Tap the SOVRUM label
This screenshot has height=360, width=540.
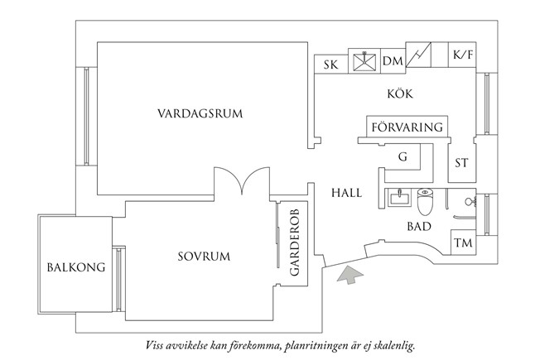click(202, 256)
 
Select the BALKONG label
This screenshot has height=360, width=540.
click(75, 268)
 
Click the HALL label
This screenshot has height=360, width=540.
click(347, 192)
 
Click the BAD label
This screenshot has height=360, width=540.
click(418, 225)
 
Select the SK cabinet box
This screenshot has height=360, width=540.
click(331, 64)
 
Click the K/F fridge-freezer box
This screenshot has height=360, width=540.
click(461, 56)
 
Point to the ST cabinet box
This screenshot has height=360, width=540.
click(461, 162)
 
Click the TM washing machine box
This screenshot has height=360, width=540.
click(462, 243)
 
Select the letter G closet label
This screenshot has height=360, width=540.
click(403, 156)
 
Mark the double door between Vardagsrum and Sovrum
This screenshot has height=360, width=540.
click(240, 180)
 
